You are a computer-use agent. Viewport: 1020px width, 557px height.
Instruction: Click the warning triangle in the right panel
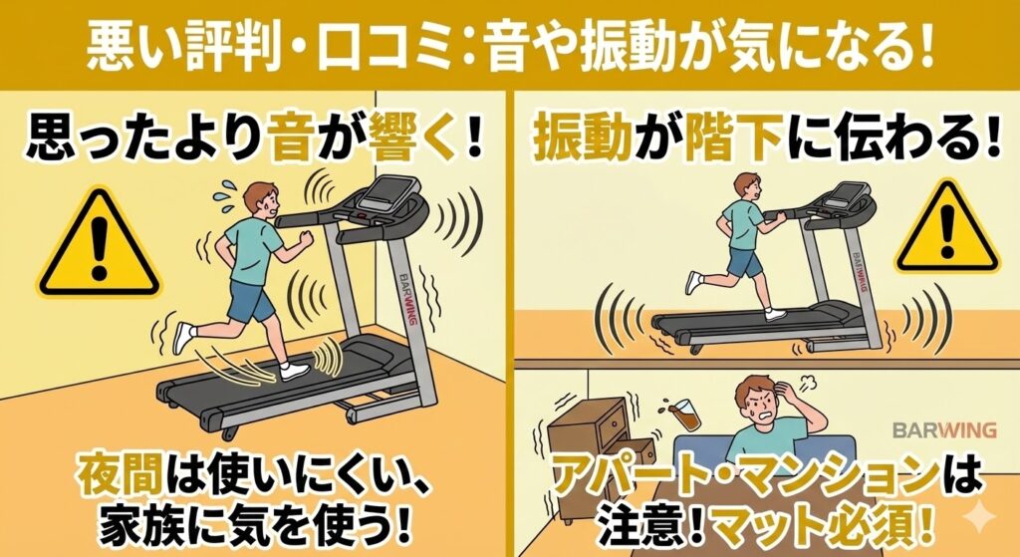(944, 231)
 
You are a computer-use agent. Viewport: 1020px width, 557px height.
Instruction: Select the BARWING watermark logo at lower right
(943, 429)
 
